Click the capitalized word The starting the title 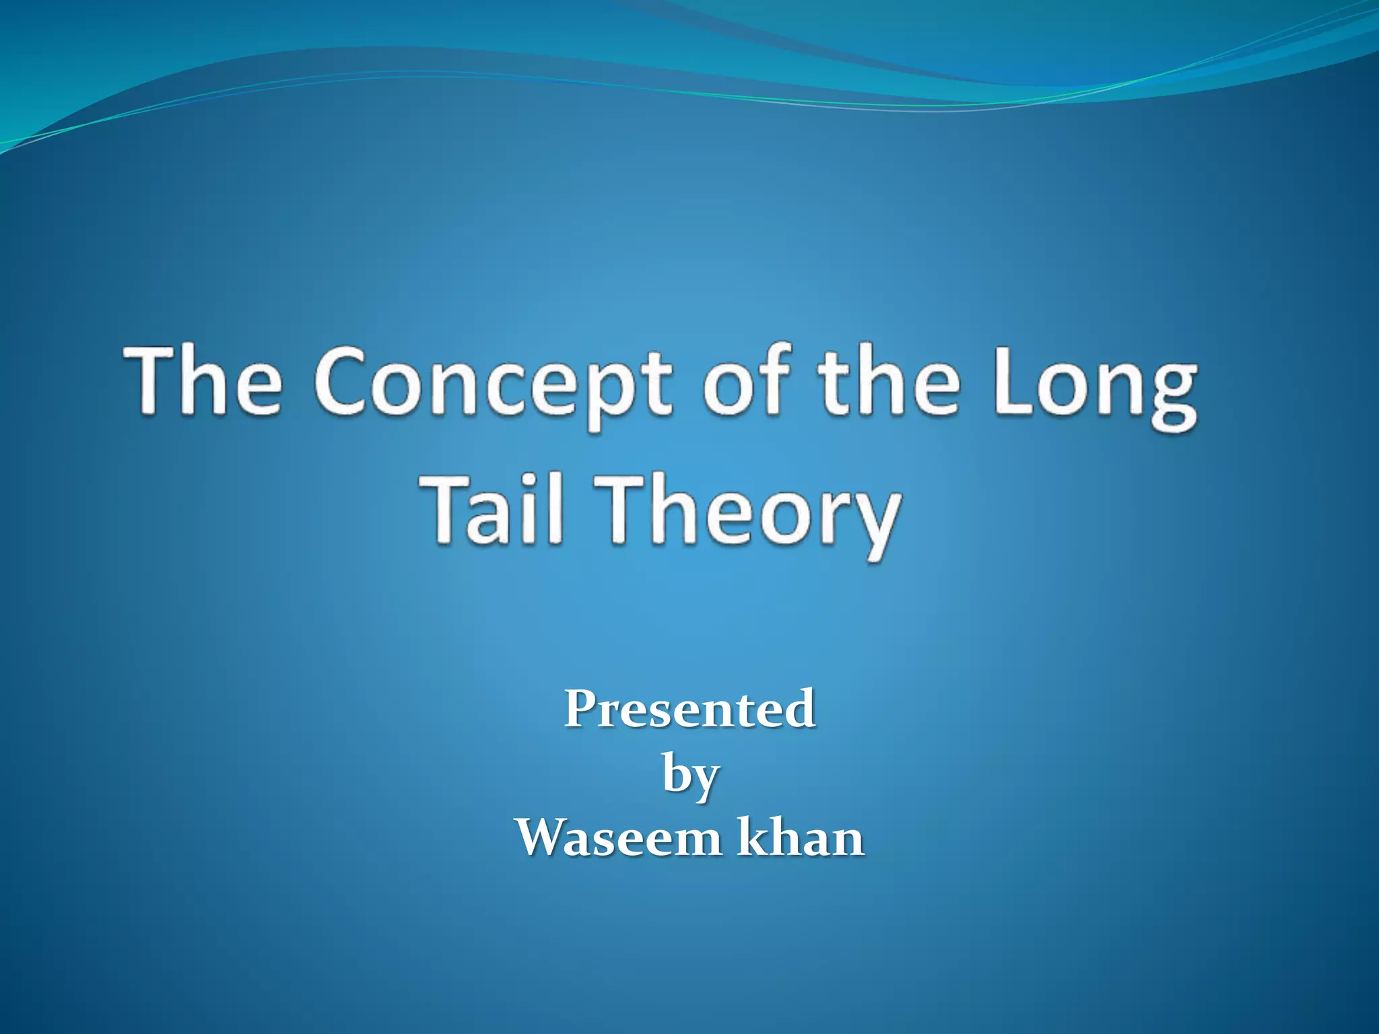coord(202,380)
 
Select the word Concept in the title coord(492,384)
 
